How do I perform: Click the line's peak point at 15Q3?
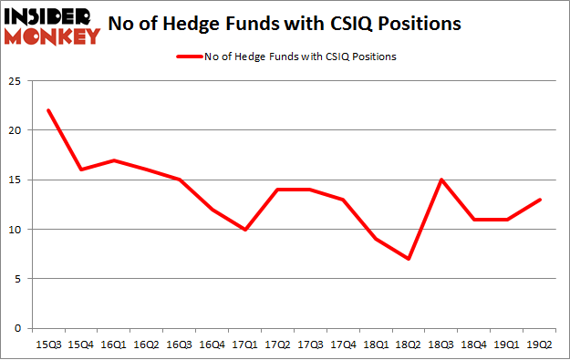47,110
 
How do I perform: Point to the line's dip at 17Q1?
244,229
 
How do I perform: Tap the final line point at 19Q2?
539,200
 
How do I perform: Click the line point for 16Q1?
113,160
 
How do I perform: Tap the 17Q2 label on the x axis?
277,346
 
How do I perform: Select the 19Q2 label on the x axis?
539,346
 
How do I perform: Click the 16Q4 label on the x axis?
212,346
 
